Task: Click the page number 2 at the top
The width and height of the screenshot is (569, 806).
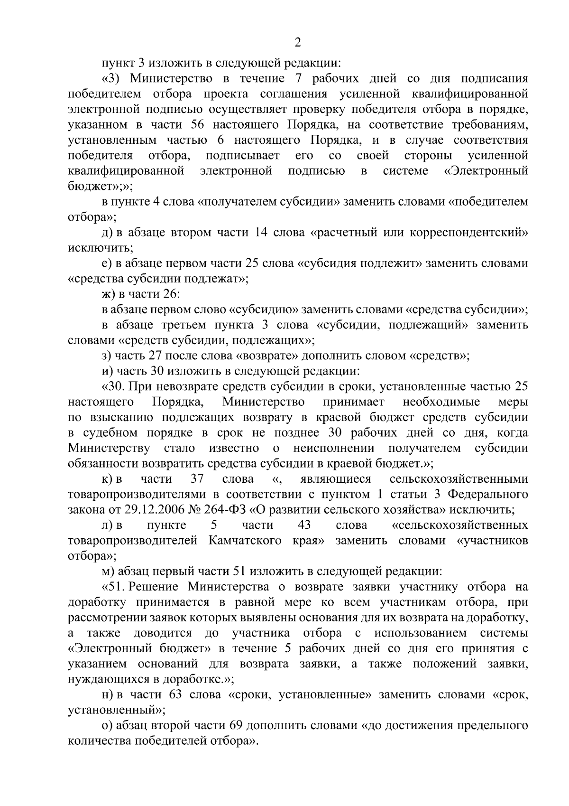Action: pyautogui.click(x=298, y=43)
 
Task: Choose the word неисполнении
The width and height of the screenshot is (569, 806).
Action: pyautogui.click(x=334, y=448)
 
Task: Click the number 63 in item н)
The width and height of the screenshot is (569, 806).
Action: pyautogui.click(x=176, y=694)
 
